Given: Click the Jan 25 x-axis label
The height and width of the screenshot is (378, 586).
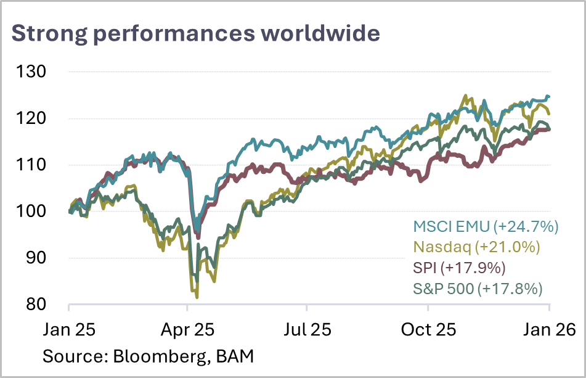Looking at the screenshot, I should (x=68, y=329).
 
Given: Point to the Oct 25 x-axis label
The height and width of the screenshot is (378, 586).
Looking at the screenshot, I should (x=429, y=329).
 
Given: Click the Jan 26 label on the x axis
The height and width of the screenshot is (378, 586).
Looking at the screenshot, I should (x=549, y=329).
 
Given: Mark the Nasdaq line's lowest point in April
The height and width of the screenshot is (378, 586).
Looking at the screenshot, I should (x=197, y=298).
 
